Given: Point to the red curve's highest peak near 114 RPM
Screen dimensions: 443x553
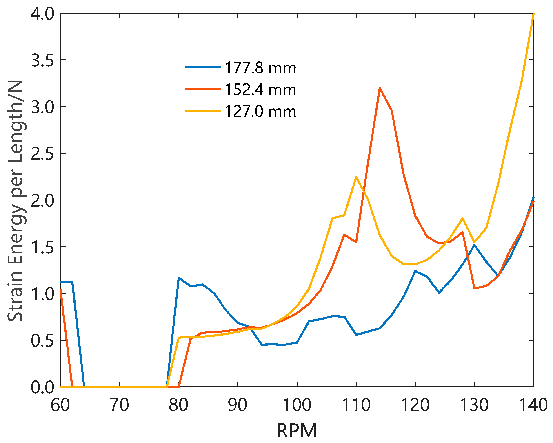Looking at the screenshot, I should coord(380,88).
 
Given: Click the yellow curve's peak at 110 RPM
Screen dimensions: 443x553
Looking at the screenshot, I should coord(356,177).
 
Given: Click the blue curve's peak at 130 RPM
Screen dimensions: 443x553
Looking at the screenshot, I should coord(474,245).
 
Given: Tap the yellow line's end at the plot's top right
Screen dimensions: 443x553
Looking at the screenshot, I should coord(533,14).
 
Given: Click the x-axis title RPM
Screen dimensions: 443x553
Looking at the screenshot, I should coord(297,431).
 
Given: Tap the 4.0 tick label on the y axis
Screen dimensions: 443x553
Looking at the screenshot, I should coord(42,14).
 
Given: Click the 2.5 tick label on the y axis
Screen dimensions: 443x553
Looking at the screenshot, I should coord(42,154).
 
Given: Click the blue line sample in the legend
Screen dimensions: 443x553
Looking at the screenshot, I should coord(203,67).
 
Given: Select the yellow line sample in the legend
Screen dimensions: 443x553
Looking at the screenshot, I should coord(203,111).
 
